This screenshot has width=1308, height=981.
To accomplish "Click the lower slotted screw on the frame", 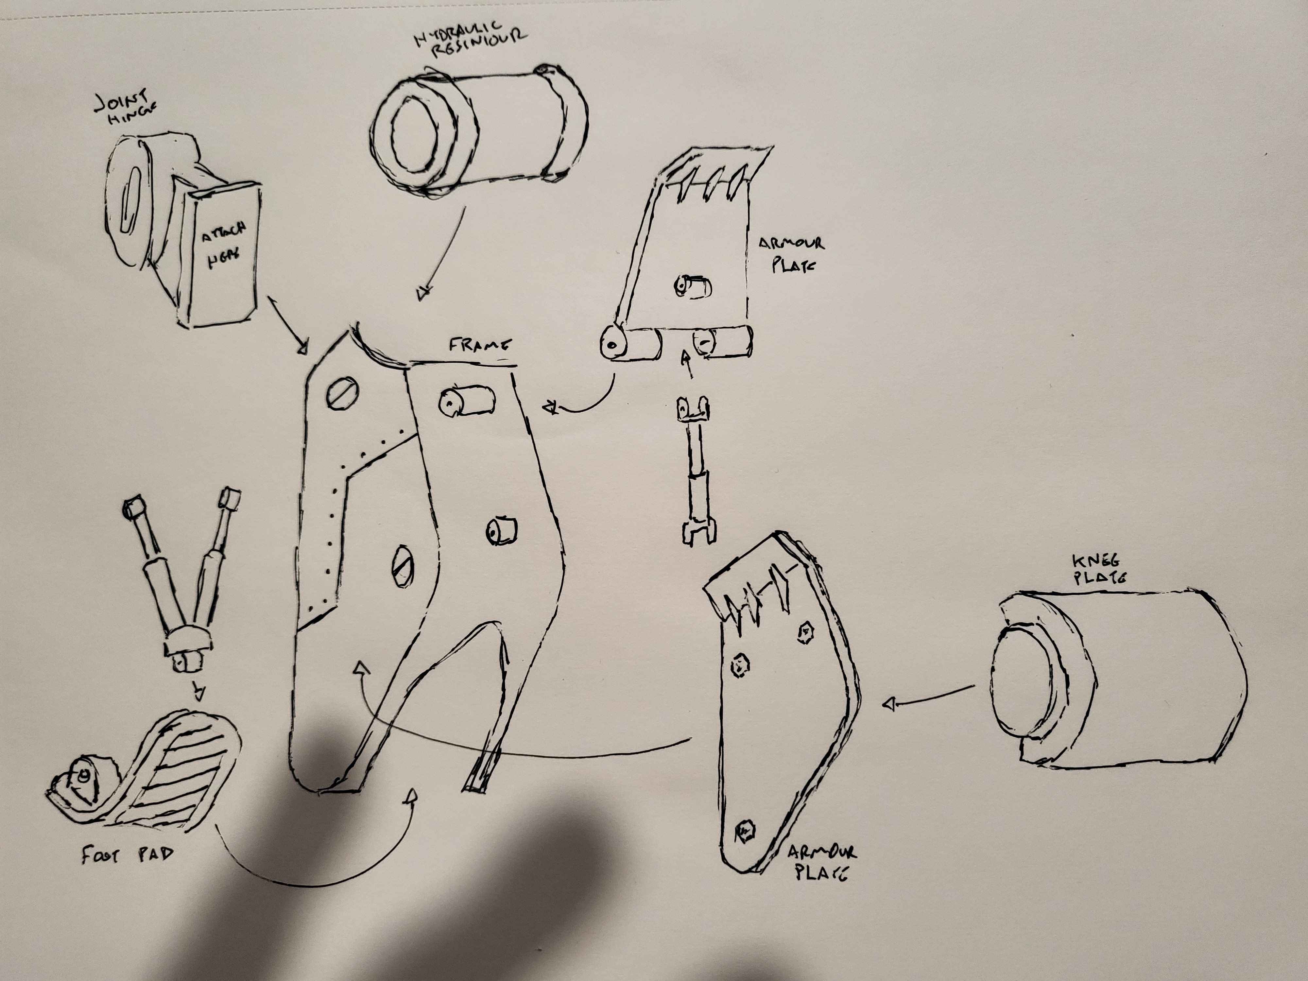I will pos(403,566).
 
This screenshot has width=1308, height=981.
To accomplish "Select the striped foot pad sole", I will pos(189,769).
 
